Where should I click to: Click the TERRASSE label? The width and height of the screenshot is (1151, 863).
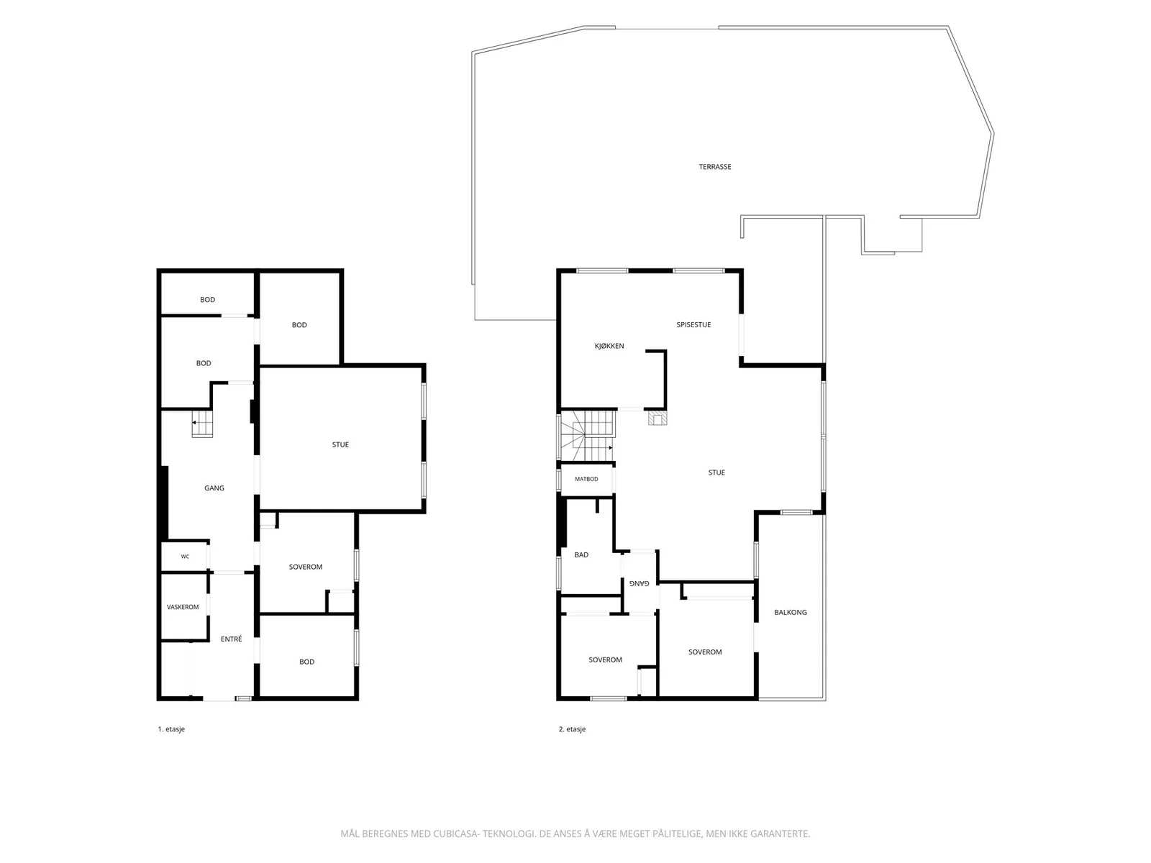[x=715, y=167]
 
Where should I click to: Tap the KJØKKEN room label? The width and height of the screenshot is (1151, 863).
[x=609, y=346]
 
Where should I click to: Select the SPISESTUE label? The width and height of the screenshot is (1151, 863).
[x=693, y=325]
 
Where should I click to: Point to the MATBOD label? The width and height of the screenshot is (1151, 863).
[x=586, y=479]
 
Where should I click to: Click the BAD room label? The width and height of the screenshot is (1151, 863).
[x=581, y=555]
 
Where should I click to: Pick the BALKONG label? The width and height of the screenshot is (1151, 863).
[x=790, y=612]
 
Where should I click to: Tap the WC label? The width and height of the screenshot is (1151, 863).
[x=185, y=557]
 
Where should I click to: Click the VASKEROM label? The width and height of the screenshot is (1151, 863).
[x=183, y=607]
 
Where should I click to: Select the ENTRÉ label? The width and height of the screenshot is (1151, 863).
[x=231, y=639]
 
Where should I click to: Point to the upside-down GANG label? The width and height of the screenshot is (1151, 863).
[x=640, y=583]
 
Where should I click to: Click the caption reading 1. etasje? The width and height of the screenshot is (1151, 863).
[x=171, y=729]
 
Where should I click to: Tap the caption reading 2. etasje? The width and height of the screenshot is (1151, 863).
[x=572, y=729]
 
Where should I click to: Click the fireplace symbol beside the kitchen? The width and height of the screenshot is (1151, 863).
[x=658, y=418]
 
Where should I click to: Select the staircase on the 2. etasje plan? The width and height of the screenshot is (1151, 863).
[x=587, y=435]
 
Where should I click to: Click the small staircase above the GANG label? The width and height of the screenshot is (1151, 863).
[x=202, y=424]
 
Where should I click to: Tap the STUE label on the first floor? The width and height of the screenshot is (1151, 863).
[x=340, y=445]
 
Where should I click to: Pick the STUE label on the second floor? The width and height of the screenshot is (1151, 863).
[x=716, y=472]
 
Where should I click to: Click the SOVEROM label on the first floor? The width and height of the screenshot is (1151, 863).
[x=306, y=567]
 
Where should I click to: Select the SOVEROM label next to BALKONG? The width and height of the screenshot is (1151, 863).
[x=705, y=652]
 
